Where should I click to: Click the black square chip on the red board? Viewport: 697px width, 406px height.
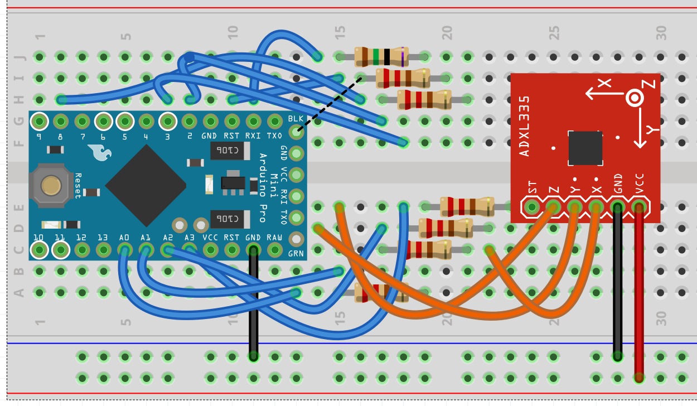(x=585, y=148)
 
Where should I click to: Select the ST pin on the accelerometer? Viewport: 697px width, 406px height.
(x=532, y=207)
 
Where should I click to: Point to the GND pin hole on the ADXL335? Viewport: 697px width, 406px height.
(x=617, y=207)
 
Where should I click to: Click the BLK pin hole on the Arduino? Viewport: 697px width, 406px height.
(x=296, y=132)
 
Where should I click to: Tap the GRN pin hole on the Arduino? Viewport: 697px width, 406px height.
(x=296, y=239)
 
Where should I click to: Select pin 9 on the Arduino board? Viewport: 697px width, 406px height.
(x=39, y=120)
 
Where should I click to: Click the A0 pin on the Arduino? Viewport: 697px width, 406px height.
(x=124, y=250)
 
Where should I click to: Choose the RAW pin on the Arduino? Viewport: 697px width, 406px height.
(x=274, y=250)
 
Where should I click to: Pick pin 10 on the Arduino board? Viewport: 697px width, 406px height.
(x=39, y=250)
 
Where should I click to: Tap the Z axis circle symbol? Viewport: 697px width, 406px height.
(x=635, y=98)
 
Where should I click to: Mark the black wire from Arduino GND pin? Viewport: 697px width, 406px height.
(x=253, y=304)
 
